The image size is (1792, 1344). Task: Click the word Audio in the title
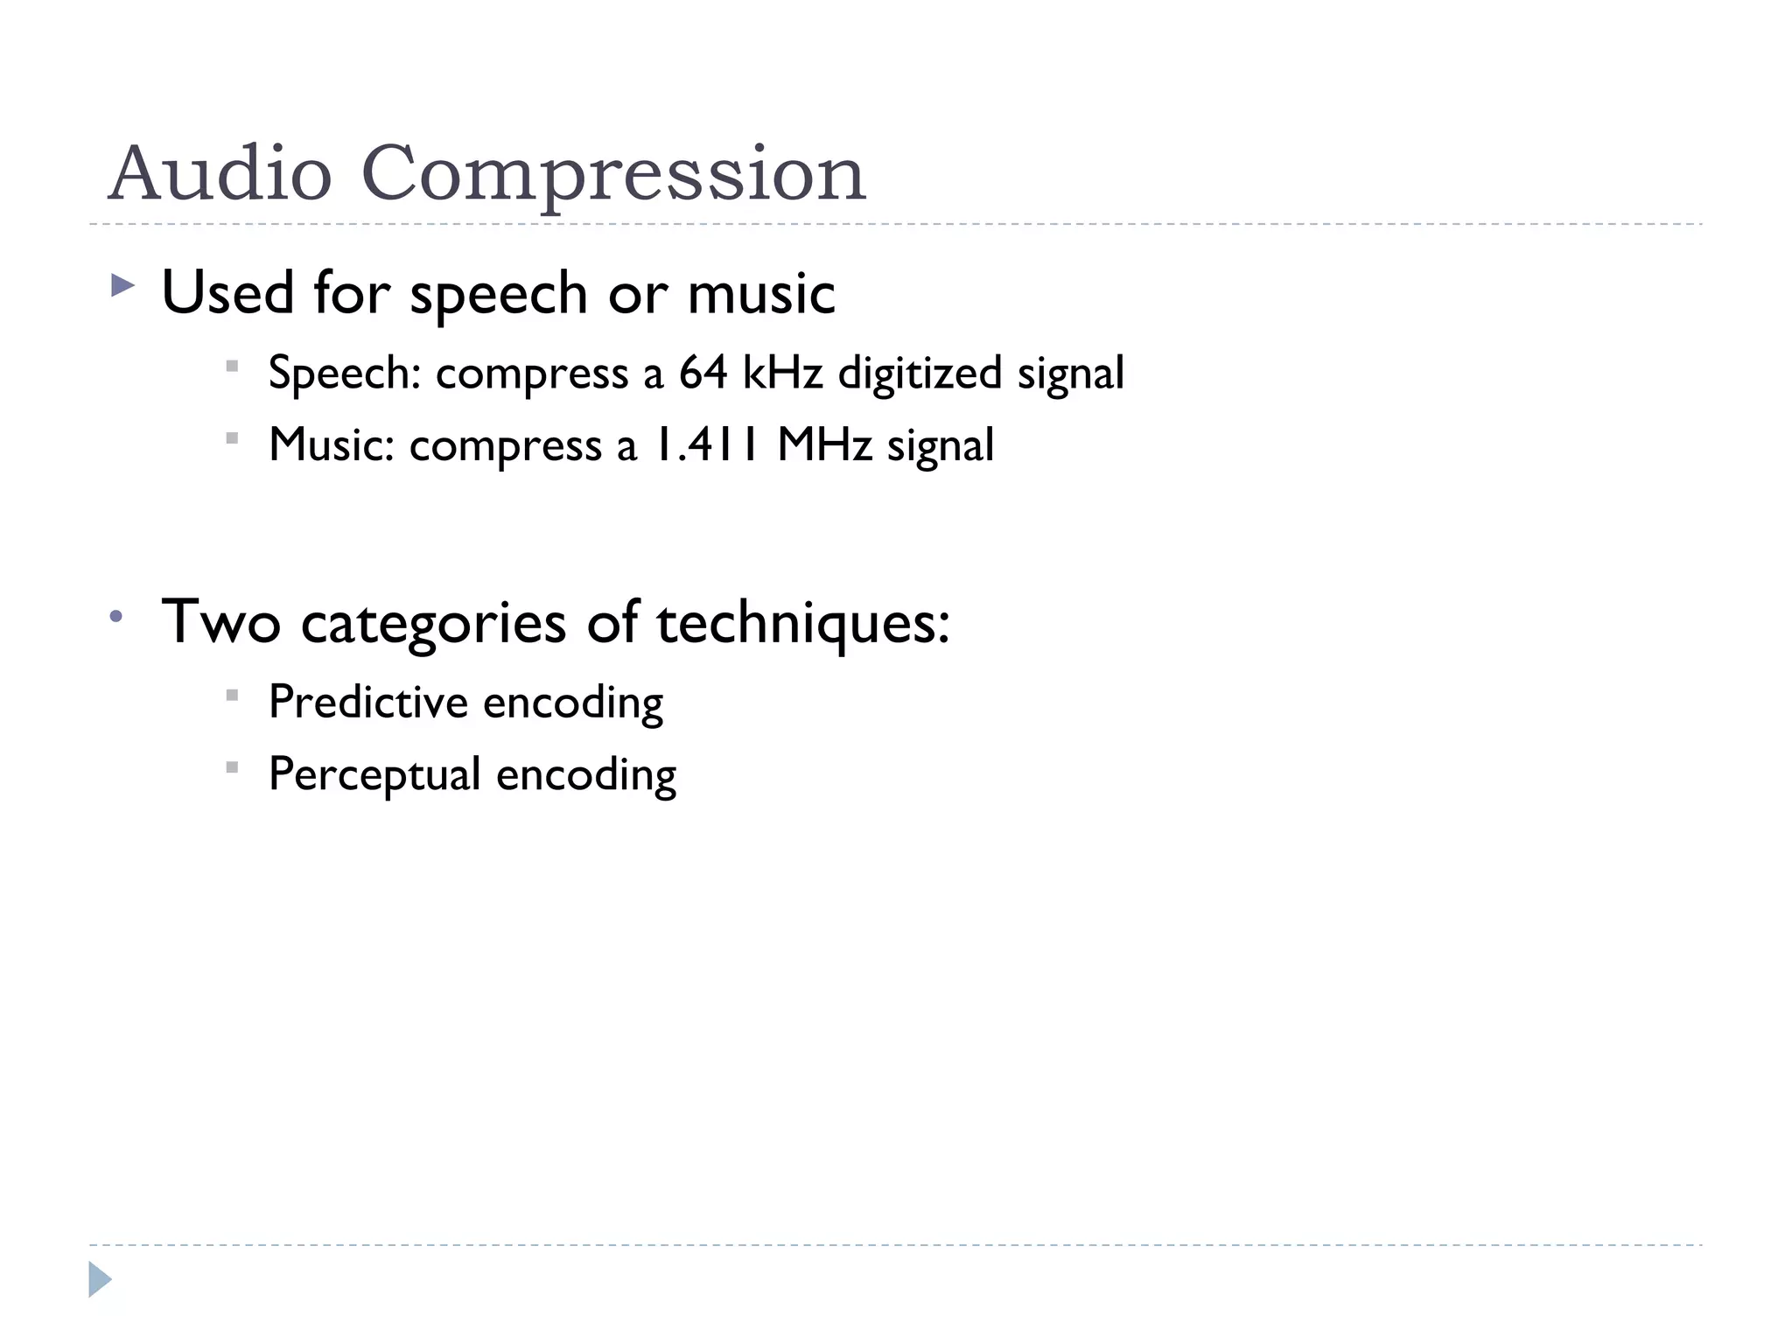click(x=220, y=173)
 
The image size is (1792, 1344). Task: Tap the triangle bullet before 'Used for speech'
click(x=123, y=285)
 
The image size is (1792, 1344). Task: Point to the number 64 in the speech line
click(x=703, y=372)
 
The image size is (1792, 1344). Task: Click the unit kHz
click(x=782, y=372)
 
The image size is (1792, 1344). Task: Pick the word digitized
click(x=919, y=374)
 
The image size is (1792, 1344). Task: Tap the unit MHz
click(x=824, y=444)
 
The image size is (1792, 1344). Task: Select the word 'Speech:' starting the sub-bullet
click(x=346, y=374)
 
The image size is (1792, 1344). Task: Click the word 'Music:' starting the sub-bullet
click(x=332, y=444)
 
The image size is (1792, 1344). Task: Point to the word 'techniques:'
click(x=802, y=623)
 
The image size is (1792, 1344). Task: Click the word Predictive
click(x=368, y=702)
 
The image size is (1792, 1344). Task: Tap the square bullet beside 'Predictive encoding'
click(x=232, y=696)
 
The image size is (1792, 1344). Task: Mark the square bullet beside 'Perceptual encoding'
click(x=232, y=768)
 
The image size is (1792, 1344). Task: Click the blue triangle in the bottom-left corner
click(x=100, y=1279)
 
